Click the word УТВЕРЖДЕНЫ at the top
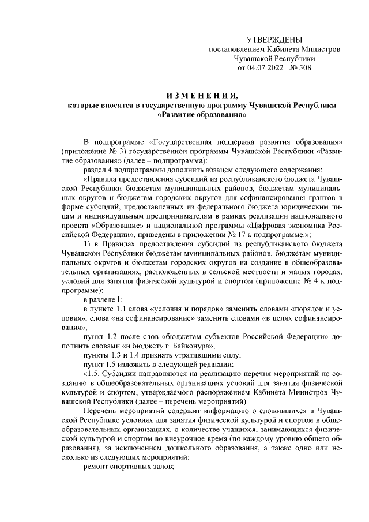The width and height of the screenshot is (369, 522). (274, 40)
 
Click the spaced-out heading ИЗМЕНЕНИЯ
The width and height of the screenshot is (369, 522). (201, 96)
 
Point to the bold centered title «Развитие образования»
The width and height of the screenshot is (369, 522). (202, 114)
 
